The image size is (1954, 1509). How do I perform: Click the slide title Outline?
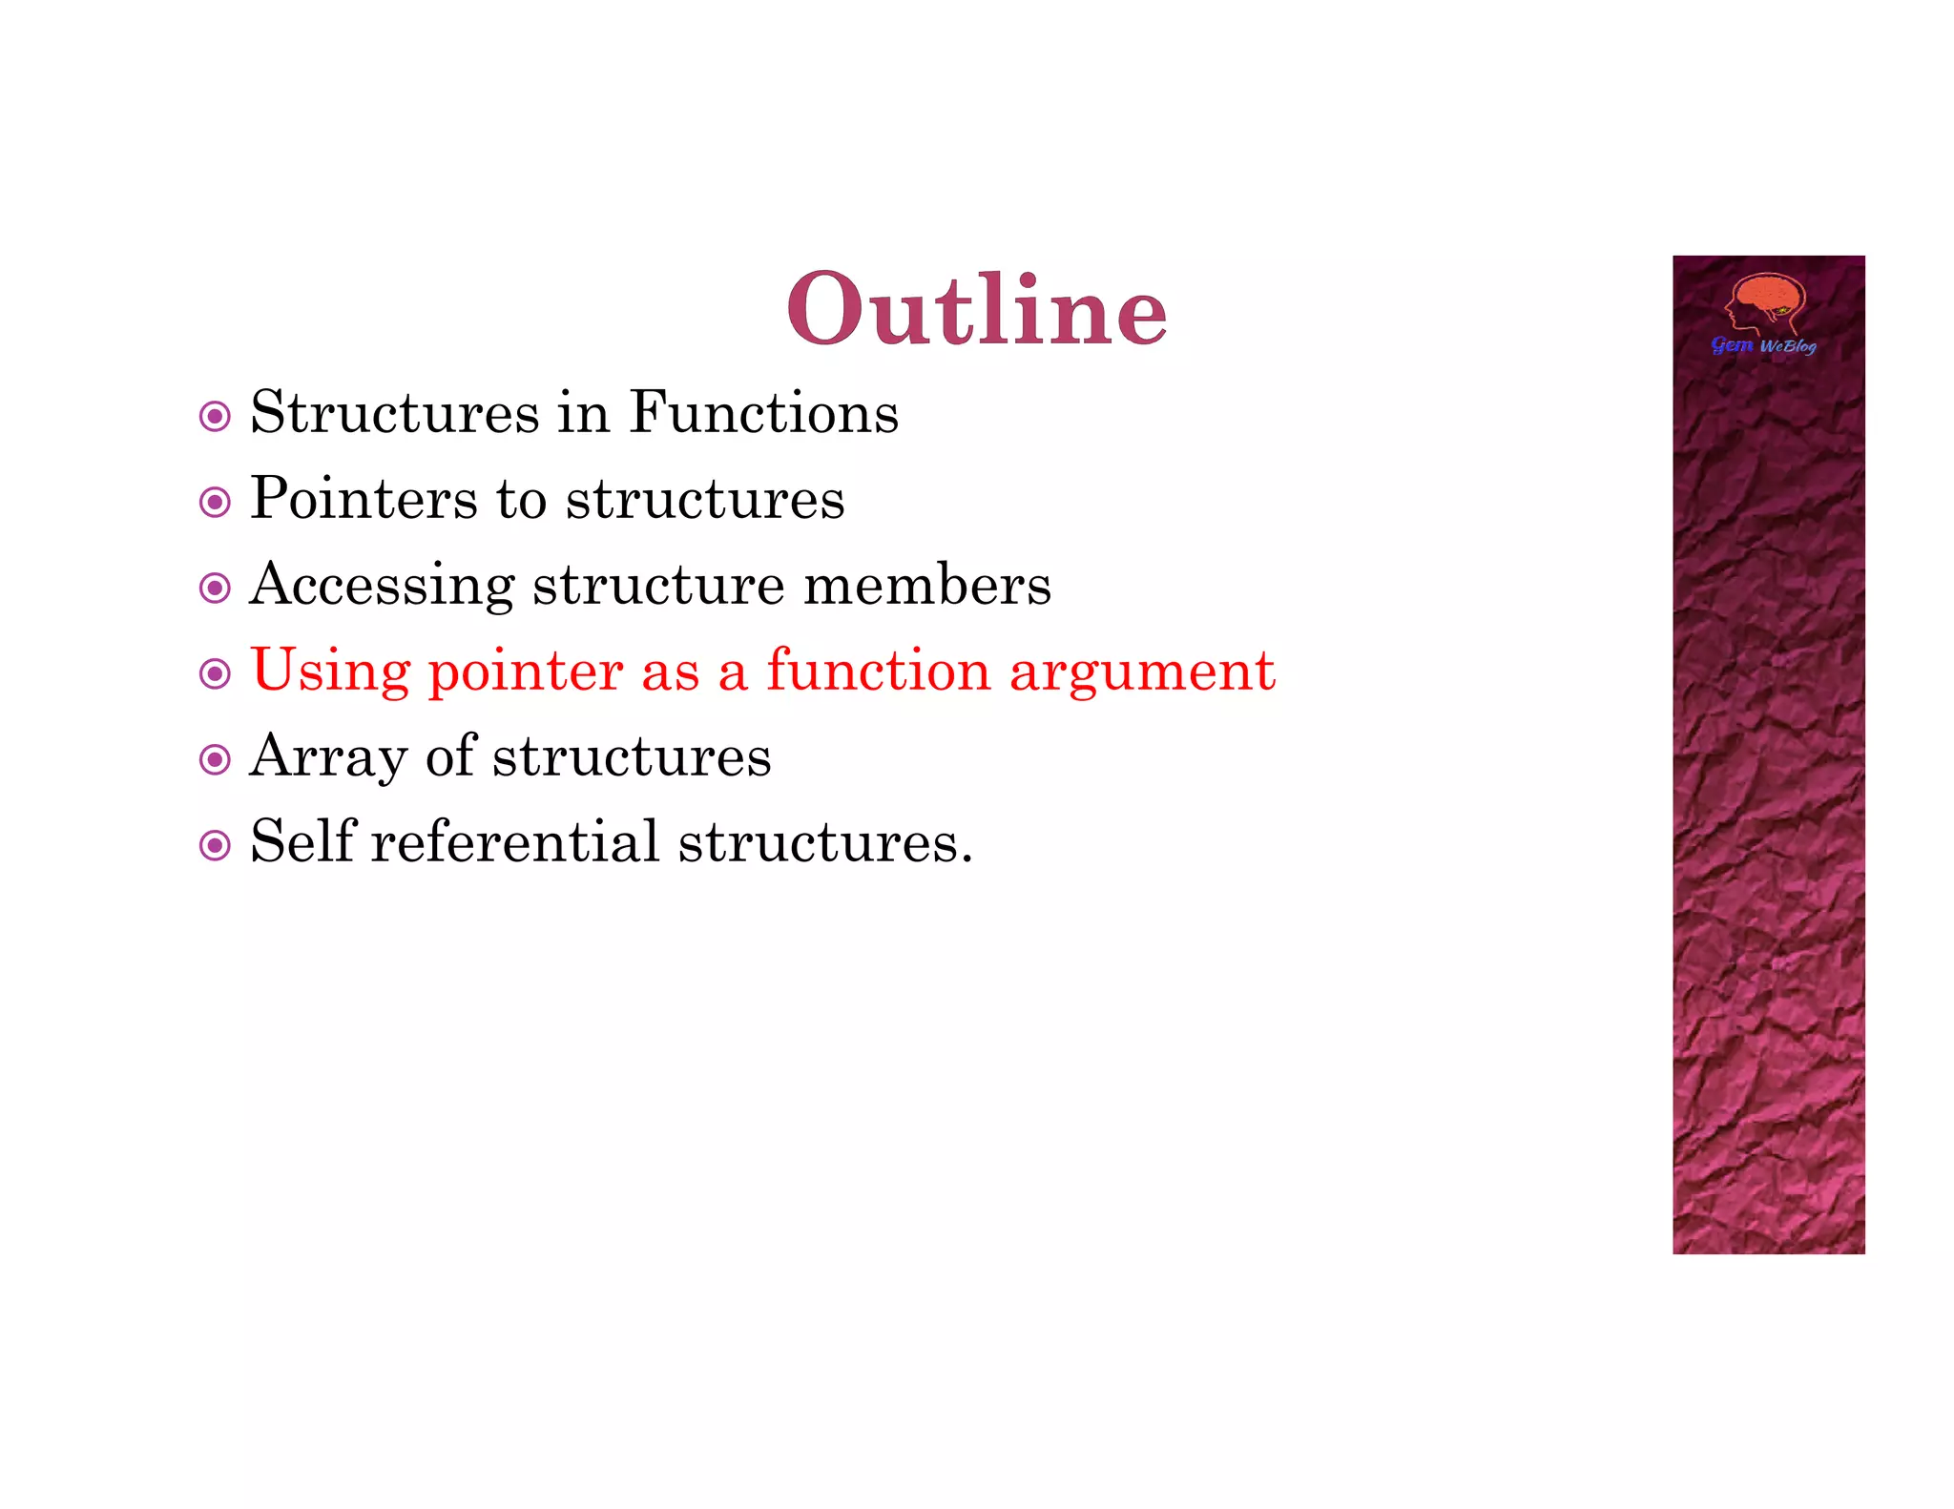(977, 310)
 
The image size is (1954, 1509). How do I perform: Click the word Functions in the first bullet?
(763, 413)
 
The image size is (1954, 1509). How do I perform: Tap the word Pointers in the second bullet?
(364, 499)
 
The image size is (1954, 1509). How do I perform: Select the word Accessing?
(382, 585)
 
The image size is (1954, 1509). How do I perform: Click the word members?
(926, 585)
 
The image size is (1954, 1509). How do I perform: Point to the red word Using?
(330, 671)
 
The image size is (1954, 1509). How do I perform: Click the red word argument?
(1142, 672)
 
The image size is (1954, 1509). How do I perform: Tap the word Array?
(328, 758)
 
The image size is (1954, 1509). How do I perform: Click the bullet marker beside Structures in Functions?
(215, 417)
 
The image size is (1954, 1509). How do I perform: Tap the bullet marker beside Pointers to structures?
(215, 503)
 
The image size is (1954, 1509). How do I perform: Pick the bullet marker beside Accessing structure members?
(215, 589)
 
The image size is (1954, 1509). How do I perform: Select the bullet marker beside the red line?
(215, 674)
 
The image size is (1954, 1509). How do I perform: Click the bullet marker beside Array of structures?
(215, 760)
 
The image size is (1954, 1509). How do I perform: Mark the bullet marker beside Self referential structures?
(215, 845)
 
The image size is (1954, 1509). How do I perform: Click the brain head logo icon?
(1765, 303)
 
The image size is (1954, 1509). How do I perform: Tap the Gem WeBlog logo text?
(1763, 345)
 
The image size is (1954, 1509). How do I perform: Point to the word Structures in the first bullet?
(395, 413)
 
